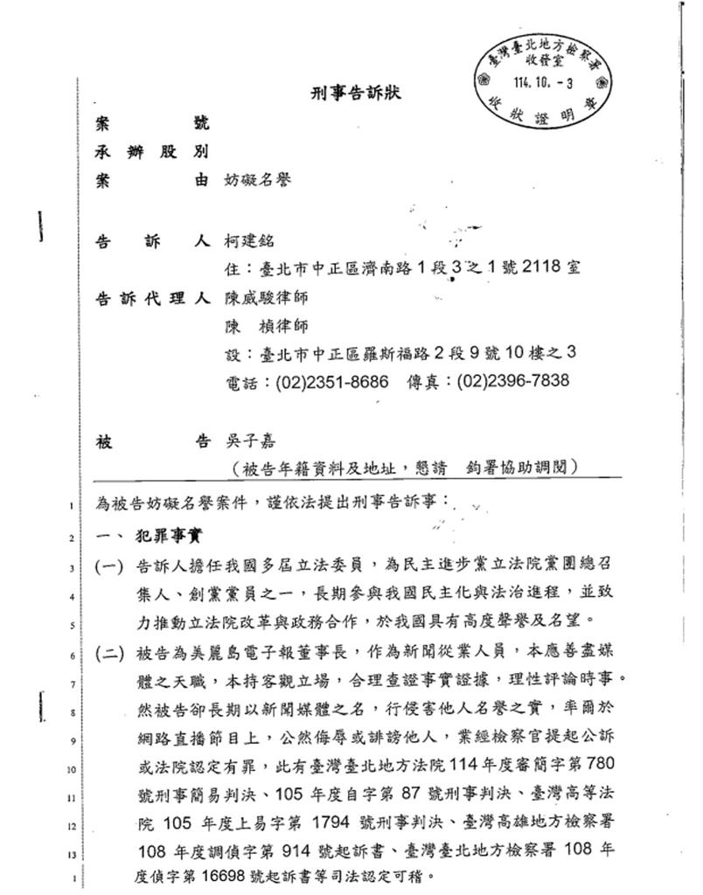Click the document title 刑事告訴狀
(x=356, y=94)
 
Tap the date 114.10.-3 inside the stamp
(x=544, y=84)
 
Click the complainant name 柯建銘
(x=249, y=241)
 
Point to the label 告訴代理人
(x=151, y=298)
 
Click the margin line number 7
(x=69, y=684)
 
